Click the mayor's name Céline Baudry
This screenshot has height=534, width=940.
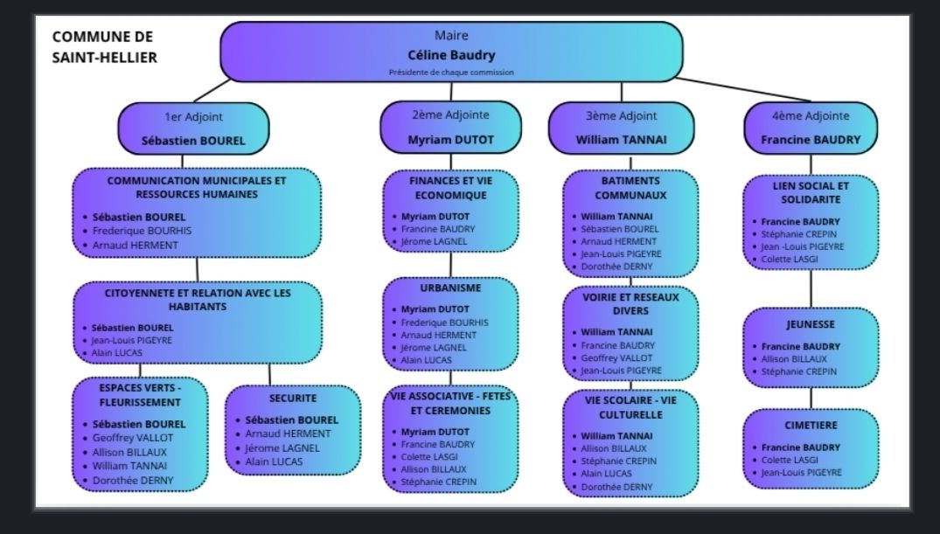tap(451, 55)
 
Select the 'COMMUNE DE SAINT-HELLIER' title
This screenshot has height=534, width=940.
tap(104, 47)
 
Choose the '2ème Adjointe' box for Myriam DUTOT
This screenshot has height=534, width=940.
tap(450, 128)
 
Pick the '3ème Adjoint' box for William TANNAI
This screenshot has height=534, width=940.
tap(622, 128)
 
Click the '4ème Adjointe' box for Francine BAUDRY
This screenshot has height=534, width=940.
tap(811, 128)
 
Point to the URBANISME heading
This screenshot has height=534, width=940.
tap(450, 288)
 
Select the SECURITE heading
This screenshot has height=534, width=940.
tap(293, 398)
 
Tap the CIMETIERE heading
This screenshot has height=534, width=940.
tap(811, 426)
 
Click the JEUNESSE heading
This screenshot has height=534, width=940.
tap(811, 324)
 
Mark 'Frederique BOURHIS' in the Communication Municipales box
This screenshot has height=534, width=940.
tap(143, 231)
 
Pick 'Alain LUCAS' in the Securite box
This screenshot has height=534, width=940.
tap(274, 461)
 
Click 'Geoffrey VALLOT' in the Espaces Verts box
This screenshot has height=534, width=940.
tap(133, 438)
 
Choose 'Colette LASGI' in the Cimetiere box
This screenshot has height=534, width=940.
tap(790, 460)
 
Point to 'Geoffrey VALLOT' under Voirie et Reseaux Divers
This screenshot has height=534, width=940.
tap(617, 357)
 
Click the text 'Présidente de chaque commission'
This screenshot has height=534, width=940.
tap(451, 73)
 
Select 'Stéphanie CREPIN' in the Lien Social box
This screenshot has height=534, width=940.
tap(799, 234)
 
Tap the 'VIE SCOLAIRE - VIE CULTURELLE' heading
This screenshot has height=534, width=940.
tap(630, 406)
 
